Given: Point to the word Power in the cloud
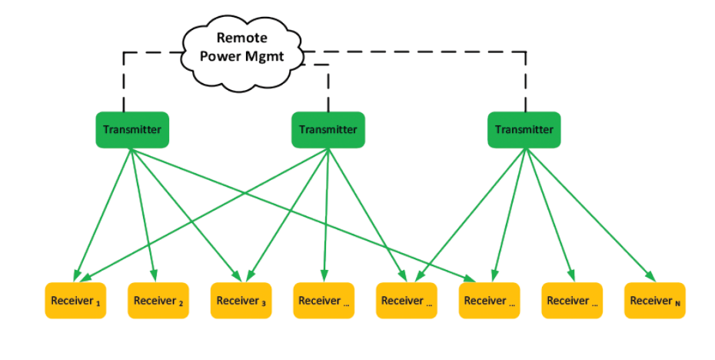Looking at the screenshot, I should (x=222, y=56).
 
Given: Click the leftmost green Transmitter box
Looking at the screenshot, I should (x=132, y=129).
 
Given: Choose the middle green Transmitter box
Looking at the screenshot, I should (x=328, y=129).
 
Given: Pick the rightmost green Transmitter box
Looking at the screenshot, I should (x=524, y=129).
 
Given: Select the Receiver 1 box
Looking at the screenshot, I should (x=75, y=301).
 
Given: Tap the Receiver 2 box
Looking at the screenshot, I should (x=158, y=301).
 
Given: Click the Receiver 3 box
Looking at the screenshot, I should (x=241, y=301).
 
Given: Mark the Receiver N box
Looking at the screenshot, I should (x=655, y=301).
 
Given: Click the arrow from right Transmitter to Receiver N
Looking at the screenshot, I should (x=590, y=215).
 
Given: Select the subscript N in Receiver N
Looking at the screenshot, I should (x=677, y=303).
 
